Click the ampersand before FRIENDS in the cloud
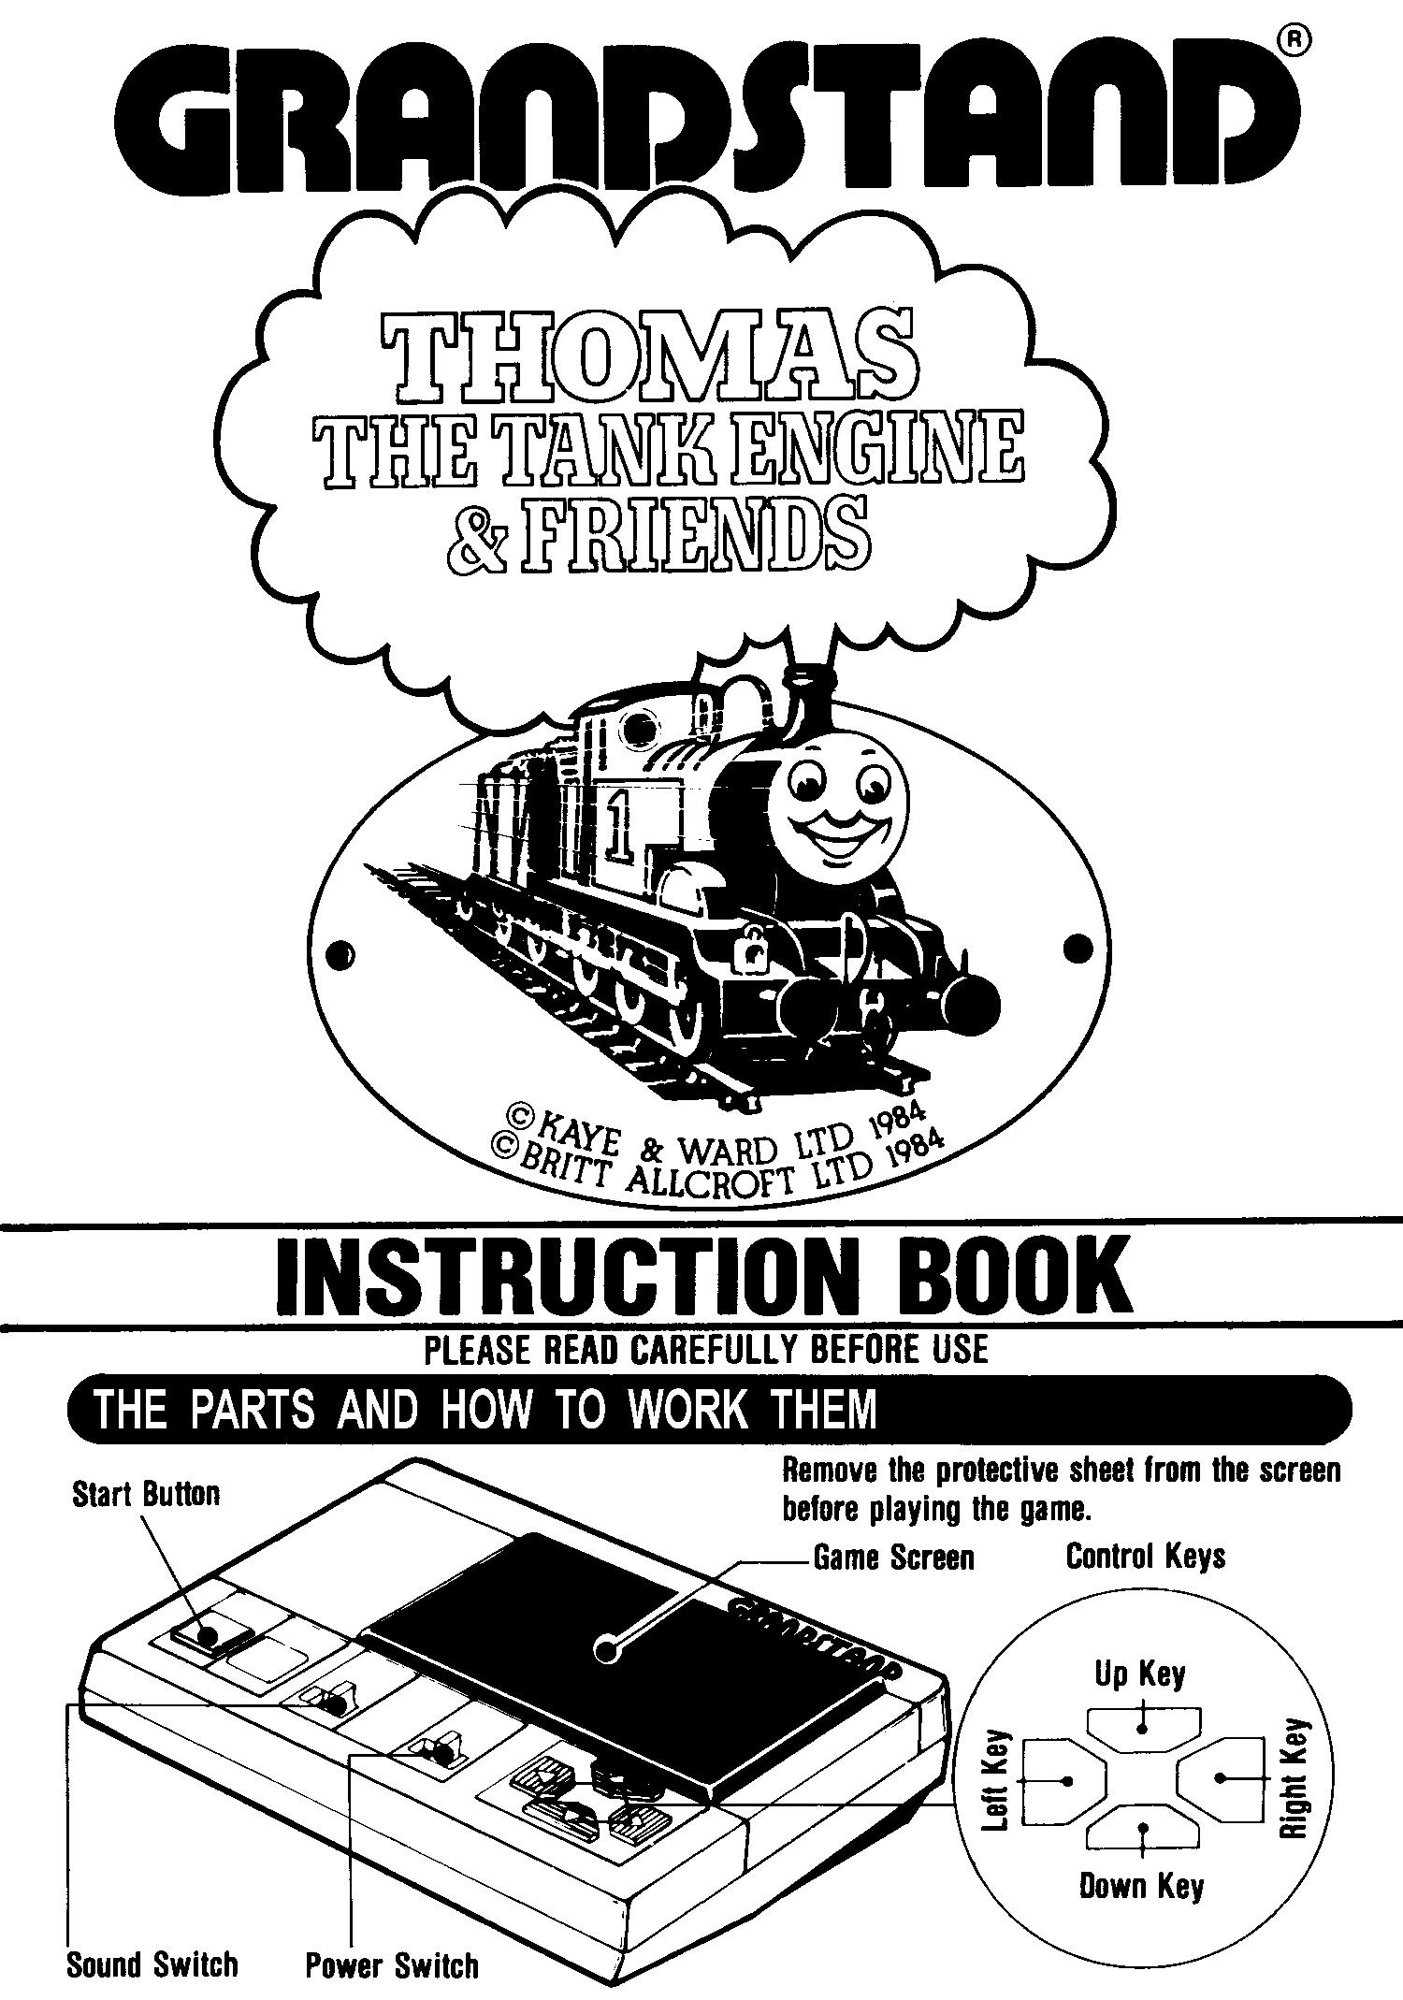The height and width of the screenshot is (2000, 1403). coord(477,536)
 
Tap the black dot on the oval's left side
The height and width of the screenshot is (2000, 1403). coord(343,954)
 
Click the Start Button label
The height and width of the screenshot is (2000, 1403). coord(146,1494)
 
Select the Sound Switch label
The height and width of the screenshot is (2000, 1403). coord(152,1965)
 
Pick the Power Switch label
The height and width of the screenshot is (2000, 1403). coord(391,1965)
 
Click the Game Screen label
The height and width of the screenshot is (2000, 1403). coord(893,1558)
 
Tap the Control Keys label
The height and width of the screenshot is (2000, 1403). coord(1145,1557)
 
